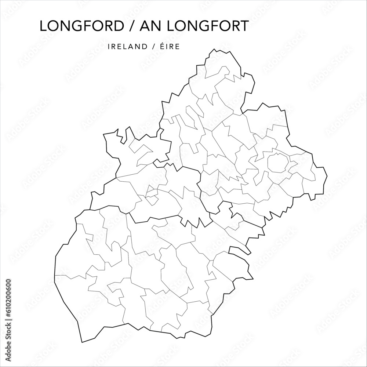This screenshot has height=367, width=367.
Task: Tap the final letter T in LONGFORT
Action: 244,26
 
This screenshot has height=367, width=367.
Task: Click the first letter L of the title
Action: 43,26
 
